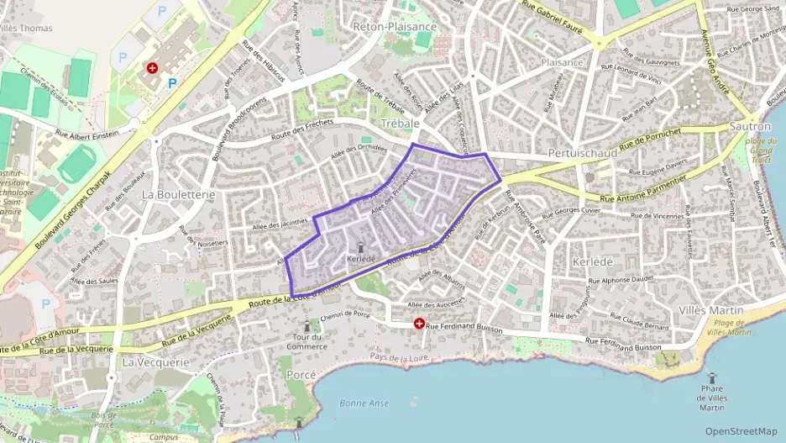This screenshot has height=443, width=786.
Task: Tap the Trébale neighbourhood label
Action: tap(400, 123)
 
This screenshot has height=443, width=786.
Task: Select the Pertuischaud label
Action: tap(582, 153)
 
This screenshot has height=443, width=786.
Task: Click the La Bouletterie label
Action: tap(178, 194)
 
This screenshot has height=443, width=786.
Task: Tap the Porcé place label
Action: tap(301, 374)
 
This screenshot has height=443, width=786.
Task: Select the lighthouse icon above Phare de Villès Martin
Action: tap(711, 379)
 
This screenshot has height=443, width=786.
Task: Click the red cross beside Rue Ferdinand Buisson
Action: tap(418, 324)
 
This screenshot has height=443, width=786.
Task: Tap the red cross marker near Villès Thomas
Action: tap(152, 67)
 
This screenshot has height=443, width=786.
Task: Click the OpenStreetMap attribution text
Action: tap(741, 431)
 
